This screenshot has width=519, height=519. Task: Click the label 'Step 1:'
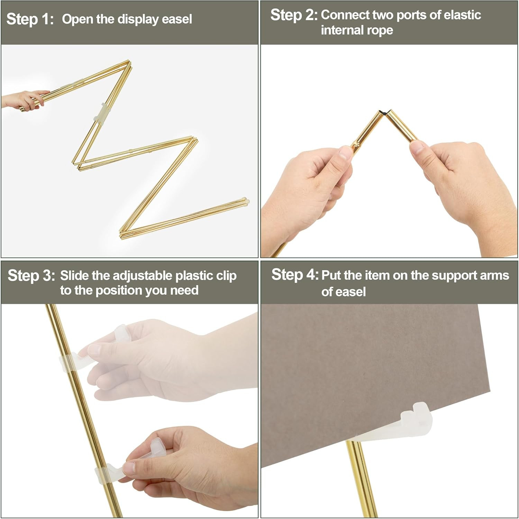click(30, 19)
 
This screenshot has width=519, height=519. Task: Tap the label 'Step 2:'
click(294, 15)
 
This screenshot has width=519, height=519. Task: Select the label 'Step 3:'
click(31, 276)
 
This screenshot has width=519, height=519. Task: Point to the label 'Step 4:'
click(295, 275)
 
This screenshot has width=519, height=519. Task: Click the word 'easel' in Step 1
click(177, 19)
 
